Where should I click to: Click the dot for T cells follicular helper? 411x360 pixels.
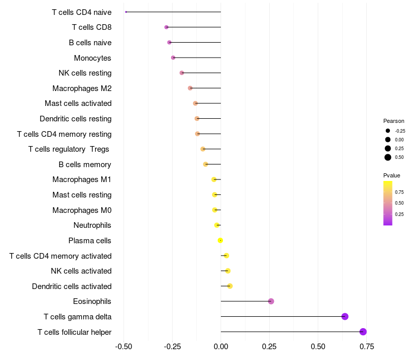[x=363, y=332]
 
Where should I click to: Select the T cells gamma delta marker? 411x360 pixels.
[x=345, y=316]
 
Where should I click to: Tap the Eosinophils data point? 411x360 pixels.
[x=271, y=301]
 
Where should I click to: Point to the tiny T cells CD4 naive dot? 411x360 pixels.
[x=126, y=12]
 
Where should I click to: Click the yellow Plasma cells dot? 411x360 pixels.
[x=220, y=240]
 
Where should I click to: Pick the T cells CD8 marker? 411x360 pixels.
[x=166, y=27]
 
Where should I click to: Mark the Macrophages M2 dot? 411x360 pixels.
[x=190, y=88]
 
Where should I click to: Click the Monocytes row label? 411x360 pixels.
[x=92, y=58]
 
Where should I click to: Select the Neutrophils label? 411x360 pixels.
[x=92, y=225]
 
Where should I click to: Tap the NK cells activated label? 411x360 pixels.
[x=81, y=271]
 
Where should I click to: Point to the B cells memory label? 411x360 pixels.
[x=85, y=165]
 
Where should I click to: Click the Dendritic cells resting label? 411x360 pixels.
[x=76, y=119]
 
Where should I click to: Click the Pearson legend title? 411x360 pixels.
[x=394, y=121]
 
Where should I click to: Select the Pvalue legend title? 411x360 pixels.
[x=391, y=175]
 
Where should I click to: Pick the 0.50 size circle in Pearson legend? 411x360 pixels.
[x=388, y=157]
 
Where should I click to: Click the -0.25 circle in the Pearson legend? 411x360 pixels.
[x=388, y=131]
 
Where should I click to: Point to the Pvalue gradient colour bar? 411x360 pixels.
[x=388, y=203]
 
